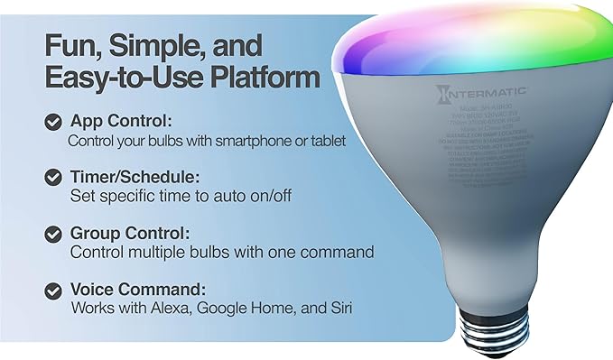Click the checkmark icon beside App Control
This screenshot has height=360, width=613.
(52, 123)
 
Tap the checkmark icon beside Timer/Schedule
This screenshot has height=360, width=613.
(52, 177)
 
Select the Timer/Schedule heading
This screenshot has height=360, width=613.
(135, 177)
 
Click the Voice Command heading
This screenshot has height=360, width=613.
(137, 289)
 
